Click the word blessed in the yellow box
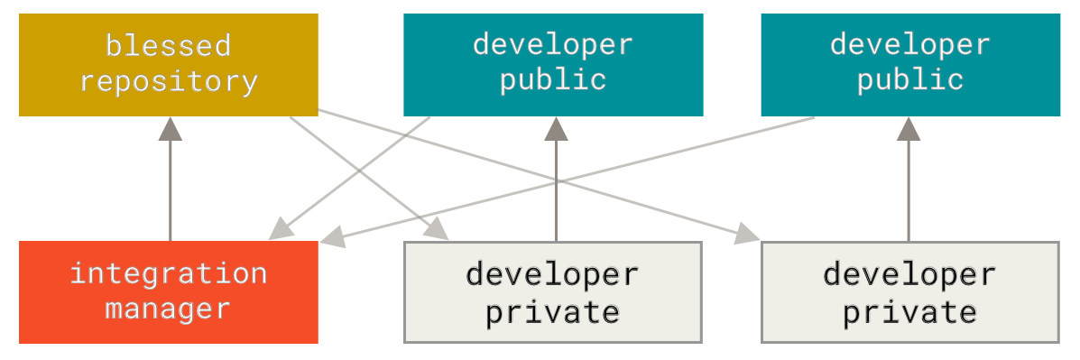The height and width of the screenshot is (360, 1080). click(168, 44)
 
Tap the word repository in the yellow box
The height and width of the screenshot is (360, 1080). click(168, 81)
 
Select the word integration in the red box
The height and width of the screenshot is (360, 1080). click(168, 272)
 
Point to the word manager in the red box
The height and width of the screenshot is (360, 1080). click(168, 309)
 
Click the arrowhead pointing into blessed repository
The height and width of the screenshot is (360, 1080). click(170, 129)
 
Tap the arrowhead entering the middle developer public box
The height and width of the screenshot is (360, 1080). click(556, 129)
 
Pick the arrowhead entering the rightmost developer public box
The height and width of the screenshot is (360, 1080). click(909, 129)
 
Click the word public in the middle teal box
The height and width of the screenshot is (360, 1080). click(552, 79)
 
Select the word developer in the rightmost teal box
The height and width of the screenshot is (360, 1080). click(909, 43)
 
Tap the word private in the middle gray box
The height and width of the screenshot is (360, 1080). click(552, 312)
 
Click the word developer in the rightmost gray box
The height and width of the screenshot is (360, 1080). click(909, 273)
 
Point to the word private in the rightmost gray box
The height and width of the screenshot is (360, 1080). click(909, 312)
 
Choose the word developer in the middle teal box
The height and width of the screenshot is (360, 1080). click(552, 43)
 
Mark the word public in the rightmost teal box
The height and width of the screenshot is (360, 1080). click(909, 79)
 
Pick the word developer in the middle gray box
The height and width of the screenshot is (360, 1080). click(552, 273)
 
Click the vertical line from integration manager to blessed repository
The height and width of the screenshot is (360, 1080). click(170, 194)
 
